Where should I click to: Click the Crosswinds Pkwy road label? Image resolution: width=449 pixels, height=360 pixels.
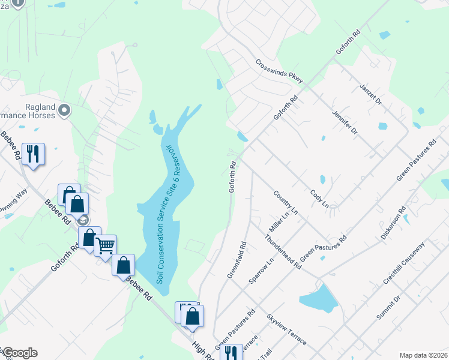(x=279, y=71)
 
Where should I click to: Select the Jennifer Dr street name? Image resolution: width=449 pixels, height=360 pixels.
(x=345, y=122)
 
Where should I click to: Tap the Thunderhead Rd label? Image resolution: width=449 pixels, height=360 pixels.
(x=282, y=251)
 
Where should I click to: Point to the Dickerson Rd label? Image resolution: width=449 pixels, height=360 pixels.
(x=393, y=223)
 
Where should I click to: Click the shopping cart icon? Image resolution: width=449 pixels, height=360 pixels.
(x=106, y=244)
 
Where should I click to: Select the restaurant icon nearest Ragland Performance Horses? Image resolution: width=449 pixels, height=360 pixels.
(x=33, y=154)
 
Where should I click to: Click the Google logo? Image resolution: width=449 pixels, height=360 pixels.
(x=19, y=353)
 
